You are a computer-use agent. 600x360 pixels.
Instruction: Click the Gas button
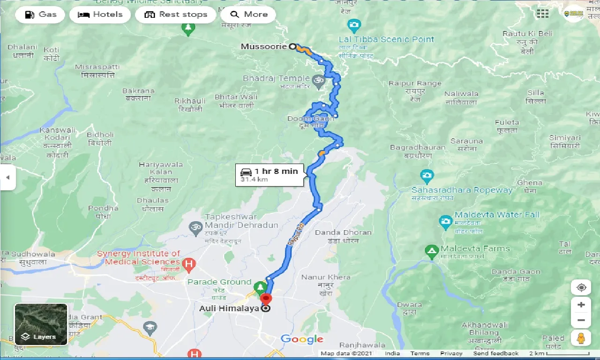point(40,15)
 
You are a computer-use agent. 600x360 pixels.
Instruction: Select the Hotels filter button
point(99,15)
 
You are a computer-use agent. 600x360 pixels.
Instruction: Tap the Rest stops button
point(176,15)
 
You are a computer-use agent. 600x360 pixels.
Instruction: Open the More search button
point(248,15)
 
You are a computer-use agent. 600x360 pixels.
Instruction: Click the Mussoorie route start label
point(264,47)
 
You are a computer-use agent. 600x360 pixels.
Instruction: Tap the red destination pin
point(266,299)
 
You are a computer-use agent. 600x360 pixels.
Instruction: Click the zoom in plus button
point(581,305)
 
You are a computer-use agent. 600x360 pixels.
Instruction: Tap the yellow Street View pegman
point(581,338)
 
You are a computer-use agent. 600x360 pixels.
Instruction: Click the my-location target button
point(581,287)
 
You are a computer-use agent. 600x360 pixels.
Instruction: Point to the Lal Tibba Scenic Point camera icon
point(354,24)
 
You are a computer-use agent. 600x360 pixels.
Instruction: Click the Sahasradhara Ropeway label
point(462,190)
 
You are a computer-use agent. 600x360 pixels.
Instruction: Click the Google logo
point(302,339)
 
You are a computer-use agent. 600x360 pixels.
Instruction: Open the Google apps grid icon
point(542,14)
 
